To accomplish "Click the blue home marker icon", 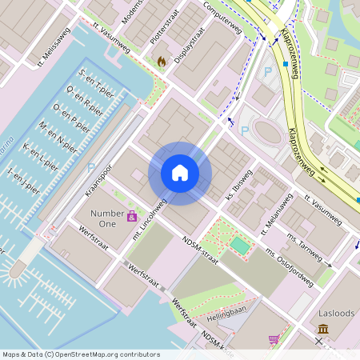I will point(180,173).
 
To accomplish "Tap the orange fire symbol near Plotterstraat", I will point(162,60).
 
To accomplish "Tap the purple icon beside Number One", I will point(131,216).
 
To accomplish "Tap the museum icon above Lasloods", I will point(323,329).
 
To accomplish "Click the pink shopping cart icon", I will point(274,340).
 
